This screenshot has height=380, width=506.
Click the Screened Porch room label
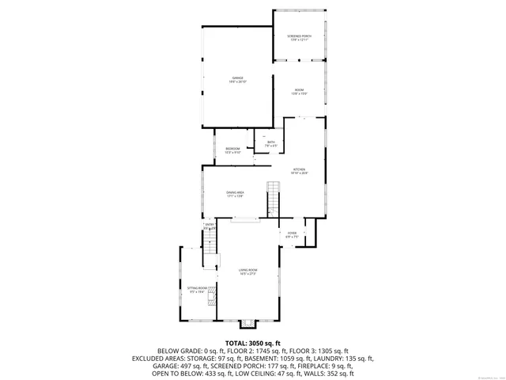[299, 38]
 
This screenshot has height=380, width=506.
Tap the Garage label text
[238, 79]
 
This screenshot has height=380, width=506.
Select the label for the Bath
[270, 144]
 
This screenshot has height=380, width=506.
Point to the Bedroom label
[232, 150]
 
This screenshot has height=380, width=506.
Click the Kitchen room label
[300, 171]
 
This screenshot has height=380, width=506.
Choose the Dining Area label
[235, 194]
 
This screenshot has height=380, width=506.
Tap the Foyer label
[291, 234]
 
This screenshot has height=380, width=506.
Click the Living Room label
[248, 272]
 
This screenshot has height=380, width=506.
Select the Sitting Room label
[197, 290]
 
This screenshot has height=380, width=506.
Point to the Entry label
[210, 226]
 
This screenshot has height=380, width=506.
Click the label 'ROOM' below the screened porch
[300, 92]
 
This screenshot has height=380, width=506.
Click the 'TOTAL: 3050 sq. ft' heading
[253, 342]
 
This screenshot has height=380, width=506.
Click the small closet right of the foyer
[311, 231]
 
